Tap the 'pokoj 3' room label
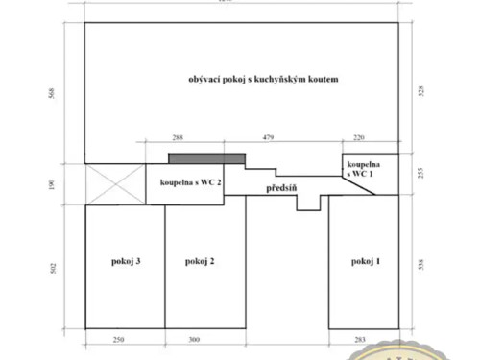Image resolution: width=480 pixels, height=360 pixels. click(126, 261)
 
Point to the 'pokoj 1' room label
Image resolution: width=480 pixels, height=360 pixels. click(365, 261)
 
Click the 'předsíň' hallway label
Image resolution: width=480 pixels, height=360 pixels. click(282, 188)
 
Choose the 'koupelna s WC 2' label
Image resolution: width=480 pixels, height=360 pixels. click(190, 181)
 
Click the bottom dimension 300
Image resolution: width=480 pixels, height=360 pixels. click(194, 339)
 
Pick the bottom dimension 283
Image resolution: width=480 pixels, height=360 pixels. click(361, 339)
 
